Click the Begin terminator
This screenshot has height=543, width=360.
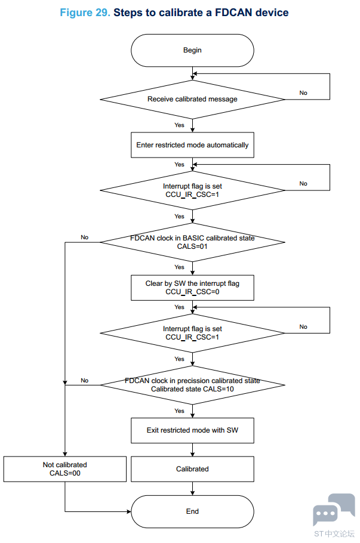[x=192, y=50]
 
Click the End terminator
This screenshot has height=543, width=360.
[x=192, y=511]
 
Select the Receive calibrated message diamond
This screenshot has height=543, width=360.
[x=192, y=100]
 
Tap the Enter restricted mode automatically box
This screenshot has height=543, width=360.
[x=192, y=145]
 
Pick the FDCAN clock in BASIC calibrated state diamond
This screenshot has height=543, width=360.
[x=192, y=242]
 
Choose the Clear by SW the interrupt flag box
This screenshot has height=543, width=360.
[x=192, y=288]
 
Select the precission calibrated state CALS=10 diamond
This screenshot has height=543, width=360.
[x=192, y=385]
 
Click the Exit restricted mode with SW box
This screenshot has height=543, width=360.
[x=192, y=430]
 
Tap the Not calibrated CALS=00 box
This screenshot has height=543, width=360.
[x=65, y=469]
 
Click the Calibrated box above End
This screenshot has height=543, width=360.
[x=192, y=469]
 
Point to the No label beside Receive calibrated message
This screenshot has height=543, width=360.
[x=303, y=93]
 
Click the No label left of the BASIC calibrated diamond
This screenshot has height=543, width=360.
[x=85, y=237]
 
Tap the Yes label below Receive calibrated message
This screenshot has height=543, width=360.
[x=179, y=125]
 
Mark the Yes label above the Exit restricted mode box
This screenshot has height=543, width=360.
[x=179, y=411]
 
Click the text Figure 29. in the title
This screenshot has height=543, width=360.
[x=85, y=13]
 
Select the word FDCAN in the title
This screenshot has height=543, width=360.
[x=233, y=13]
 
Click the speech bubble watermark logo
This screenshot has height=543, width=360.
[x=334, y=509]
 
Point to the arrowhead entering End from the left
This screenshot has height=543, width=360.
[x=129, y=511]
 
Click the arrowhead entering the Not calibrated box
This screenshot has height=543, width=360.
[x=65, y=454]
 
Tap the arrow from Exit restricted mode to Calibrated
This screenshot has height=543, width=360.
[x=192, y=450]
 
